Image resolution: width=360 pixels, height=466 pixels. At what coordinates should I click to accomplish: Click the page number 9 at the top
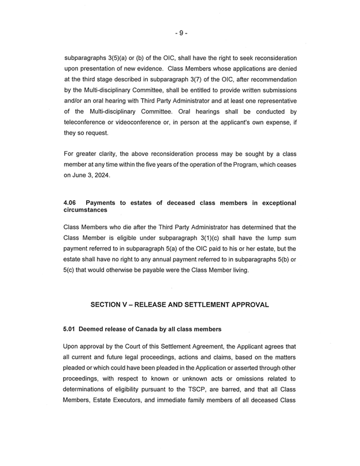pos(180,33)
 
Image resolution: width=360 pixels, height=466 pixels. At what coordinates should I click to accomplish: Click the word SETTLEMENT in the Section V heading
pos(220,304)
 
